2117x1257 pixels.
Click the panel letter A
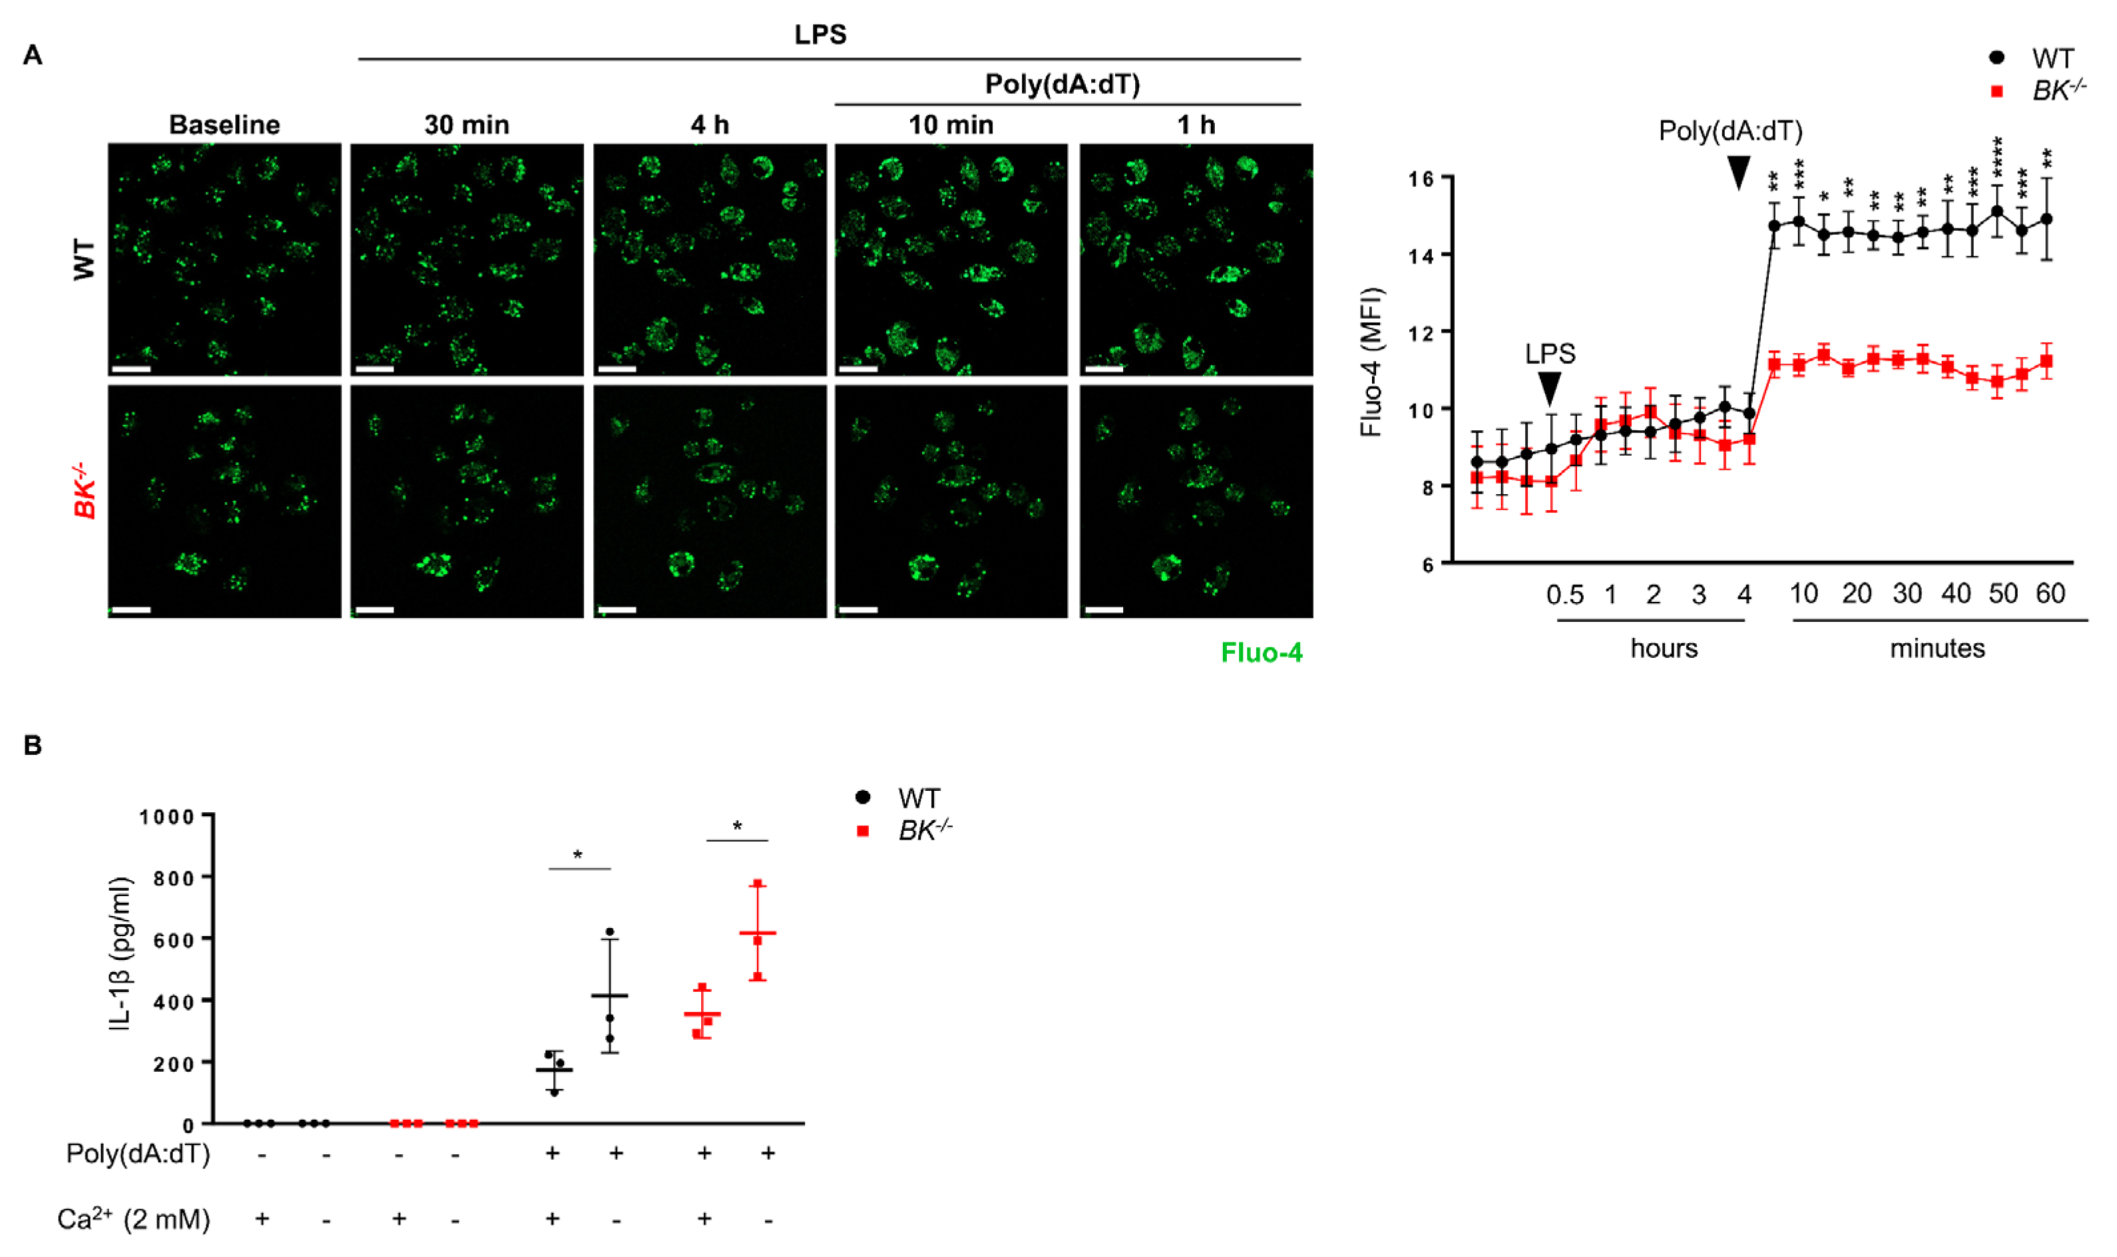coord(32,56)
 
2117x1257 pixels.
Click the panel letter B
coord(32,746)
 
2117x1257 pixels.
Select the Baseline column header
coord(224,125)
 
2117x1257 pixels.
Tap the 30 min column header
coord(467,125)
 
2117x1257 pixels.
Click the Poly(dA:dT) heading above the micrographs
coord(1062,84)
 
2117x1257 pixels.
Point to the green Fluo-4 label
coord(1261,652)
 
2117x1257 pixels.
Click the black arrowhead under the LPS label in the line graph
coord(1550,389)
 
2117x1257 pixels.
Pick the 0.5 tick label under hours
coord(1564,595)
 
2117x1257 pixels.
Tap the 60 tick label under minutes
coord(2050,594)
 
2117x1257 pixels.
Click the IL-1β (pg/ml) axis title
coord(120,954)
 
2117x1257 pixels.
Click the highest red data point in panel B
coord(758,884)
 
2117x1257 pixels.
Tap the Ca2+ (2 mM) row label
coord(133,1219)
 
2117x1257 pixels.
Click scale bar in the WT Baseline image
coord(130,370)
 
